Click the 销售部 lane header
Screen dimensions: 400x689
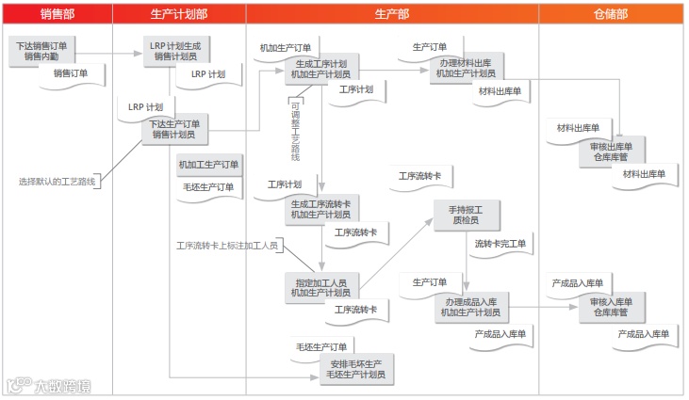(x=57, y=14)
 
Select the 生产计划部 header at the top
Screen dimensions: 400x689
(x=179, y=14)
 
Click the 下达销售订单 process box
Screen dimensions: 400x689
(x=46, y=50)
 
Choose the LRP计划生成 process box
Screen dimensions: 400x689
(x=175, y=50)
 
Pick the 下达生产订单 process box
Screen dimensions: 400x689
(x=175, y=129)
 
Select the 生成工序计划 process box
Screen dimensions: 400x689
(x=320, y=69)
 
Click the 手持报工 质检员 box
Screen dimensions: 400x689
(x=466, y=214)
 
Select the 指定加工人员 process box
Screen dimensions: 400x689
(x=320, y=287)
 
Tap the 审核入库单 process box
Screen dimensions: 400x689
(x=611, y=307)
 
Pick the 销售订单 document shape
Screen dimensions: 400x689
(x=70, y=73)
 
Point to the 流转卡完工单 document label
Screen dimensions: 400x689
(x=500, y=245)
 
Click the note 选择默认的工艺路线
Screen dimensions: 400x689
(x=57, y=181)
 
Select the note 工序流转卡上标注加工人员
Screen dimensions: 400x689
(x=226, y=246)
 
